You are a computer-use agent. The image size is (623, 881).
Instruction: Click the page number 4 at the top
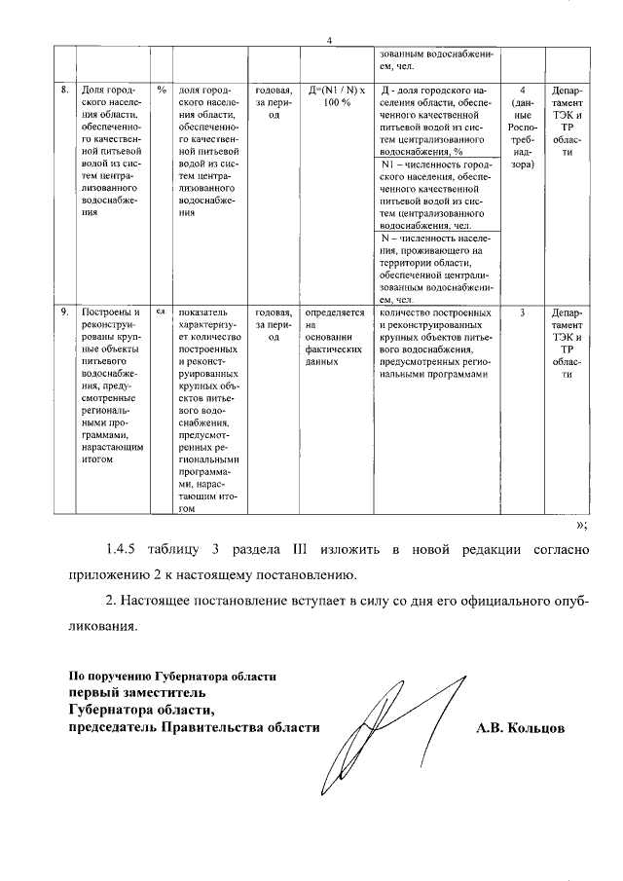click(x=330, y=40)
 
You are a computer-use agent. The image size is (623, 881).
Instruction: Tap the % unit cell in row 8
click(x=162, y=90)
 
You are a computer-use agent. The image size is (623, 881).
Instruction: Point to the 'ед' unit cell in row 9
click(x=162, y=312)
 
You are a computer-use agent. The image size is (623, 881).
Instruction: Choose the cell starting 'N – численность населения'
click(x=433, y=269)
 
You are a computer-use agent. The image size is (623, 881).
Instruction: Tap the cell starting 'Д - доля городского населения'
click(x=433, y=121)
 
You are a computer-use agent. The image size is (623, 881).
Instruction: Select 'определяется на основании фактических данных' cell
click(x=334, y=337)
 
